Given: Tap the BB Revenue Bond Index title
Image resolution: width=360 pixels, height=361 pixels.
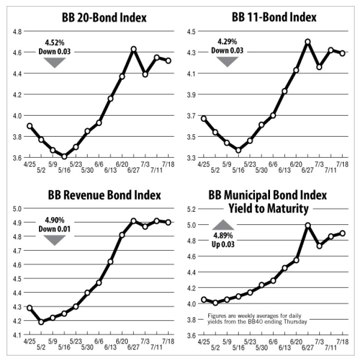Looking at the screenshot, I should [104, 196].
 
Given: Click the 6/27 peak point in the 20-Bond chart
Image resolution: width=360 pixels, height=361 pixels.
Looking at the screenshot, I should [133, 49].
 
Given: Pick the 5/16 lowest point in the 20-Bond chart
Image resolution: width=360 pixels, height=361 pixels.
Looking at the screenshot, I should [64, 156].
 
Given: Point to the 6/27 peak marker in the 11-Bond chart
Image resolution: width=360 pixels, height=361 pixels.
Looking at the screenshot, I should [307, 42].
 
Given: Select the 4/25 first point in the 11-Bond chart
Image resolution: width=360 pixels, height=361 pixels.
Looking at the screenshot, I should [204, 118].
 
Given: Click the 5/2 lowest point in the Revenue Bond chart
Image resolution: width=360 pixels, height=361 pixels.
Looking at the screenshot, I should [41, 322].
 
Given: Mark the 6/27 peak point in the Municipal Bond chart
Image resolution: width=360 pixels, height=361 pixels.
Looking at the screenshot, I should [307, 225].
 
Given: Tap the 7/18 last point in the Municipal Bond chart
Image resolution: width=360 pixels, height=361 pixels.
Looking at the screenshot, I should [342, 233].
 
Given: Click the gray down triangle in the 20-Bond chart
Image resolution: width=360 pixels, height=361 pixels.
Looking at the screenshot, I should [54, 62].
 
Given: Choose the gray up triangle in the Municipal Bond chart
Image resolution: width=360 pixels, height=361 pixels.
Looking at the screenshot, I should [223, 224].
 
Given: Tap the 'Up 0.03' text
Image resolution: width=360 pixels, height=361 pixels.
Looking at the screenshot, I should [223, 245].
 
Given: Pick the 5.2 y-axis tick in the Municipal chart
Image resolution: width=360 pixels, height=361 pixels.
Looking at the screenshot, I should [194, 209].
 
